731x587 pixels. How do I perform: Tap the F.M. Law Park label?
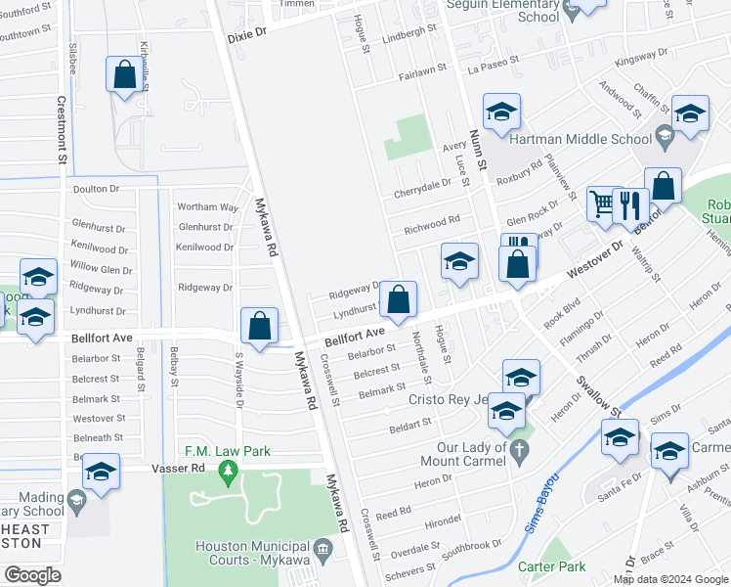click(x=228, y=452)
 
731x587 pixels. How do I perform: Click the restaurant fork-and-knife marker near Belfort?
click(x=631, y=205)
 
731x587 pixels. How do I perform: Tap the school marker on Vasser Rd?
click(x=100, y=473)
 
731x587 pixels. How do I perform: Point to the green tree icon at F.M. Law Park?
click(x=229, y=474)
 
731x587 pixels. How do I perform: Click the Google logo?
click(x=32, y=575)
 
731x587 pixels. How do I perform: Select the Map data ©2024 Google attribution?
click(x=671, y=579)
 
